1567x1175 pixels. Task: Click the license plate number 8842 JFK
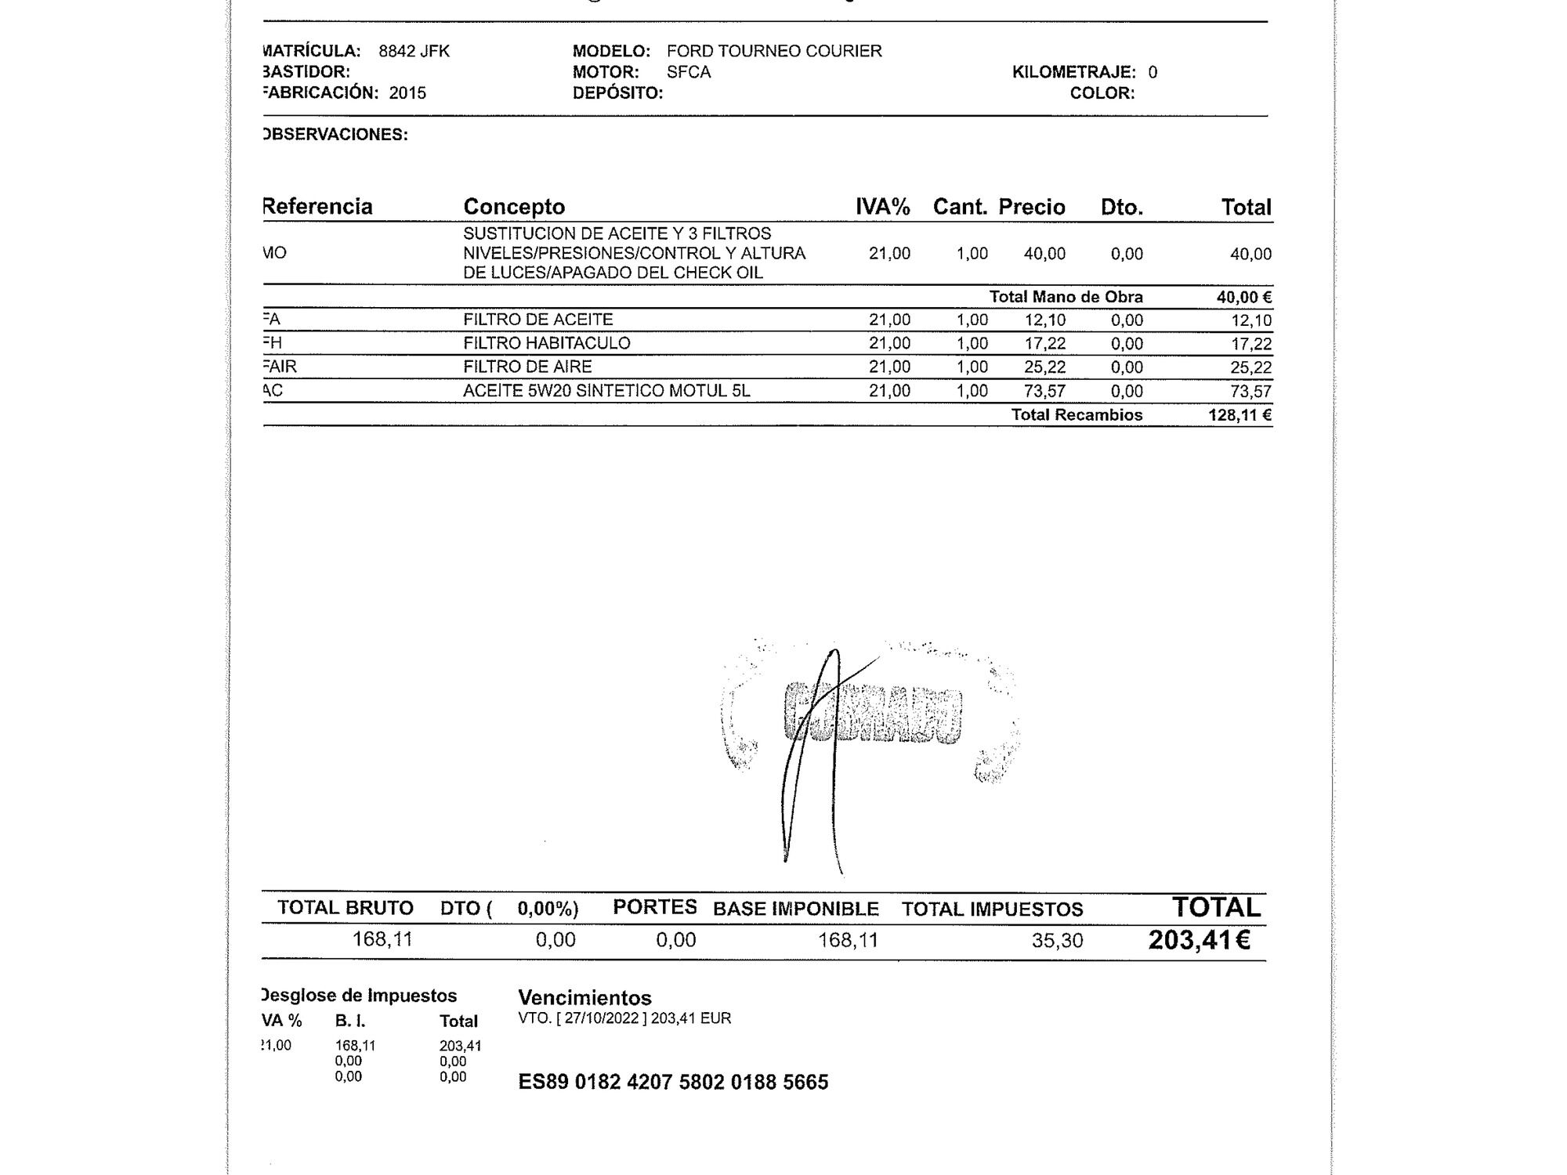[x=414, y=52]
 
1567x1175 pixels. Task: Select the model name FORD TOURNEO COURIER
[x=774, y=52]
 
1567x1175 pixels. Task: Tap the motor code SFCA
[x=689, y=72]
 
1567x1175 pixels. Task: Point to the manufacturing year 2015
[x=407, y=93]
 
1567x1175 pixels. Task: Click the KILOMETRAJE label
[x=1073, y=72]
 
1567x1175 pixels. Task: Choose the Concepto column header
[x=514, y=207]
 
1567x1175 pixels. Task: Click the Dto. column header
[x=1121, y=208]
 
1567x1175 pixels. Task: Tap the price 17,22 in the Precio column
[x=1044, y=344]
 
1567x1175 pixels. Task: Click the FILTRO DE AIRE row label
[x=527, y=367]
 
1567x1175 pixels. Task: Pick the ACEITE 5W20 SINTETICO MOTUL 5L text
[x=606, y=391]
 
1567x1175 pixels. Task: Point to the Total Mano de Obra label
[x=1066, y=297]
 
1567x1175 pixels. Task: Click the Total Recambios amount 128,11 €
[x=1239, y=415]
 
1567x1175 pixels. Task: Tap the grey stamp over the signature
[x=872, y=713]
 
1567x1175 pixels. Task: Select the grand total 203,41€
[x=1199, y=940]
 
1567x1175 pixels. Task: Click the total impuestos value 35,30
[x=1057, y=940]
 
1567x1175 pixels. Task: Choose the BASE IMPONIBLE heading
[x=795, y=909]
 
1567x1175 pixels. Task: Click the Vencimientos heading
[x=584, y=998]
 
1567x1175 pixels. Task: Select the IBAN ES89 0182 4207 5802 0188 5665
[x=673, y=1082]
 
